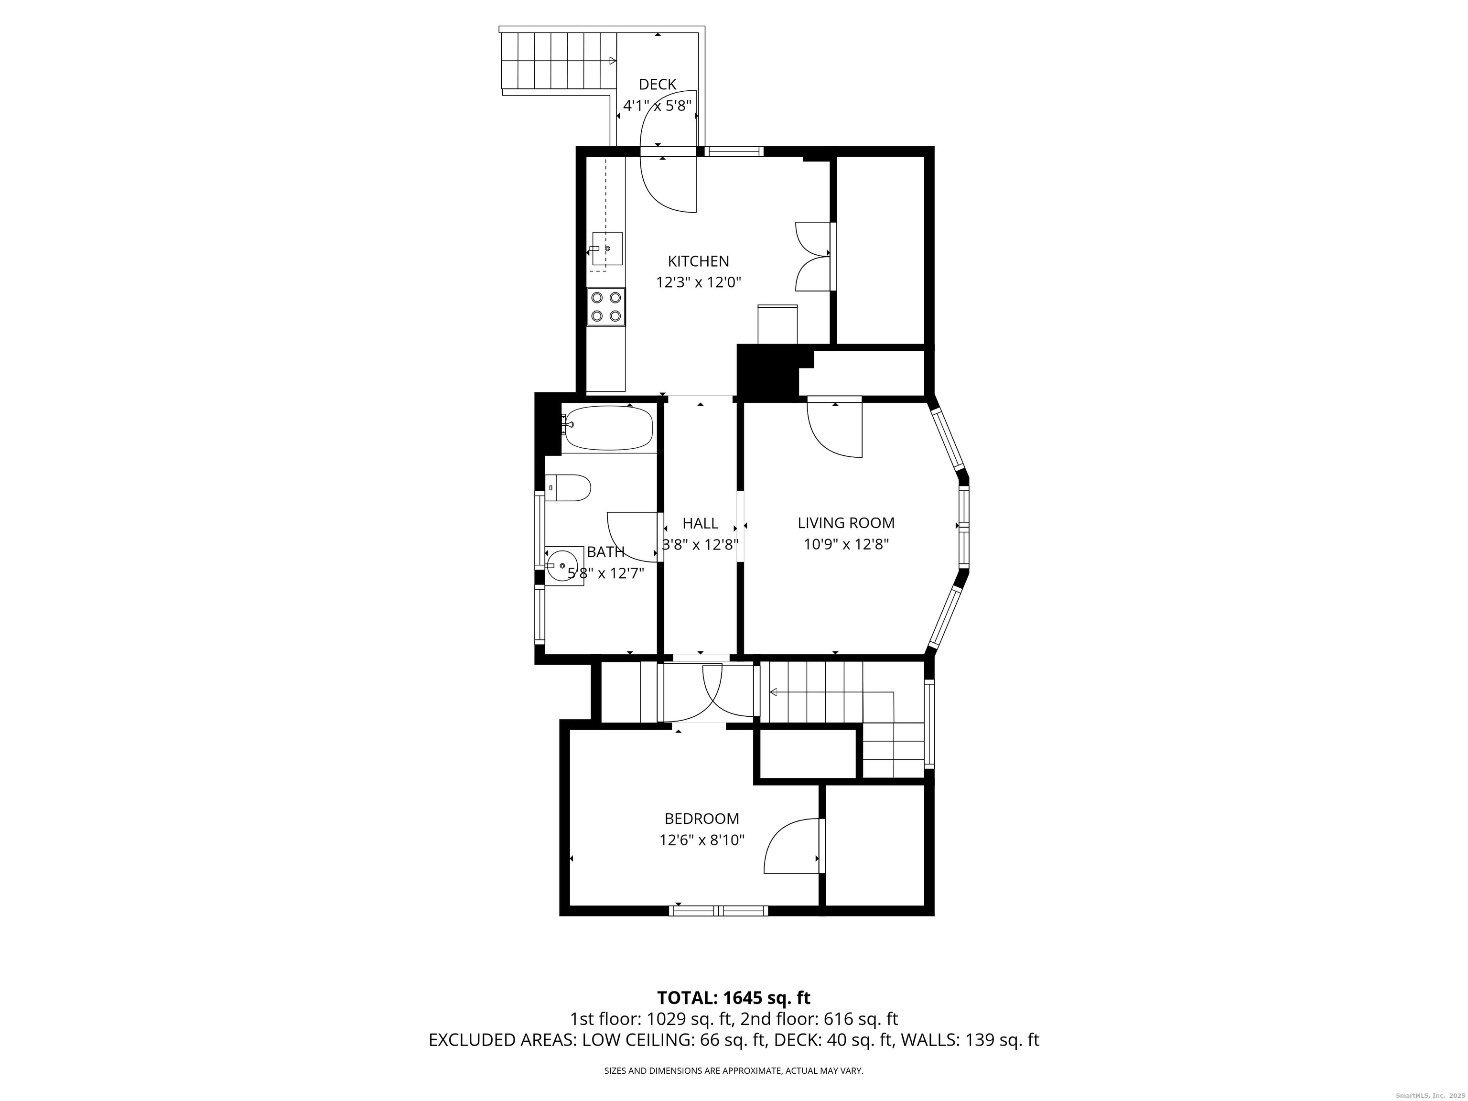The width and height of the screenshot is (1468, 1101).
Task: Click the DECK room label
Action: (657, 84)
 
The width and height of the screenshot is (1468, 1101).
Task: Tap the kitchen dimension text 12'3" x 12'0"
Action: (698, 282)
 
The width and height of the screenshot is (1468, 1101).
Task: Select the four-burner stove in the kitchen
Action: (606, 307)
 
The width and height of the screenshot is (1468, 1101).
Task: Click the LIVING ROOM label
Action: (846, 523)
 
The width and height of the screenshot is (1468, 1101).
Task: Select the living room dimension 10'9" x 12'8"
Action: (846, 545)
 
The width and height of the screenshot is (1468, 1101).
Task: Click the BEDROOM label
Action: (702, 819)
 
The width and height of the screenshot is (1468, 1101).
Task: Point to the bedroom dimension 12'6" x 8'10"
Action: (702, 840)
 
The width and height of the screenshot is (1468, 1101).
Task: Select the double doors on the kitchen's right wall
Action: (813, 256)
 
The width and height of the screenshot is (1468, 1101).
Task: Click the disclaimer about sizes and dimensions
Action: (734, 1070)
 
